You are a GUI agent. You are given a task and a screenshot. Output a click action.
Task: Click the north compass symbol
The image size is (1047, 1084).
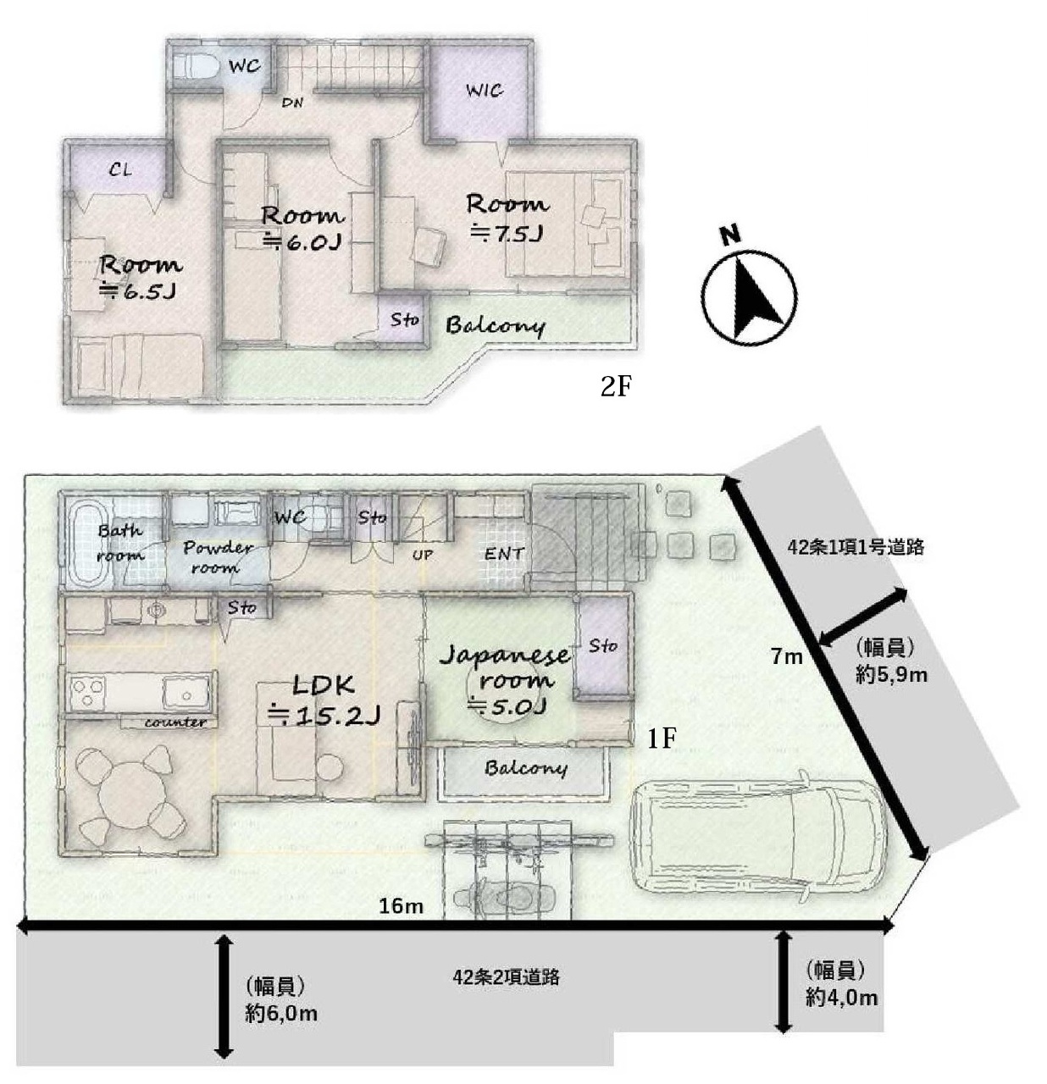pyautogui.click(x=749, y=292)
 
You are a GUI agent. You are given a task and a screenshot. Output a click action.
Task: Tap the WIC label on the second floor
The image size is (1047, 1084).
pyautogui.click(x=485, y=91)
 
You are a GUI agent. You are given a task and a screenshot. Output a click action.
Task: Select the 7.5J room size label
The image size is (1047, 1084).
pyautogui.click(x=507, y=234)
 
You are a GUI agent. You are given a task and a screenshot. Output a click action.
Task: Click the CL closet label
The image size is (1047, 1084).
pyautogui.click(x=121, y=169)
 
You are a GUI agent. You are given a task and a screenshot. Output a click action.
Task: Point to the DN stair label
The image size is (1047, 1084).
pyautogui.click(x=292, y=102)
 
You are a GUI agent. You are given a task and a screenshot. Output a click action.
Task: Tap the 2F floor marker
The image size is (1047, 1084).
pyautogui.click(x=615, y=386)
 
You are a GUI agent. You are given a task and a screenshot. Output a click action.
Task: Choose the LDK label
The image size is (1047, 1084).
pyautogui.click(x=324, y=684)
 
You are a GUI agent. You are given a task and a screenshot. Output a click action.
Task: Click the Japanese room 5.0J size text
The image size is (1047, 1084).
pyautogui.click(x=507, y=706)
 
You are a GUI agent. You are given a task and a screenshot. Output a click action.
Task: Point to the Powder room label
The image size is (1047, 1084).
pyautogui.click(x=218, y=557)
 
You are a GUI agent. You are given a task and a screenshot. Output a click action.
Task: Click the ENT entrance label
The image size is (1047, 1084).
pyautogui.click(x=504, y=553)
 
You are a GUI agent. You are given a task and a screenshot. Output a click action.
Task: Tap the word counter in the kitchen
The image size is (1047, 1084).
pyautogui.click(x=175, y=722)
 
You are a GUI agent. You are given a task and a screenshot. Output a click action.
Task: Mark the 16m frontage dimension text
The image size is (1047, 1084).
pyautogui.click(x=401, y=906)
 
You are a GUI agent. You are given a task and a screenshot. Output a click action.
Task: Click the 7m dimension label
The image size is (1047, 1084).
pyautogui.click(x=787, y=657)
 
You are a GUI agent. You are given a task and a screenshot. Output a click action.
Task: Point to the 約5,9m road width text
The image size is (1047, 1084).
pyautogui.click(x=891, y=675)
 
